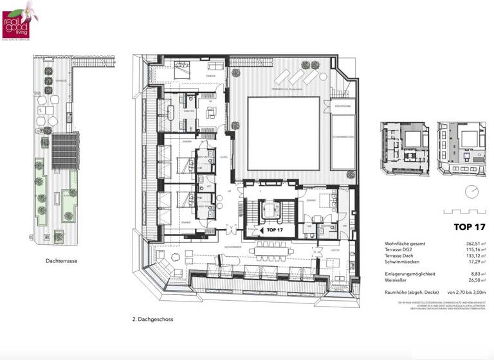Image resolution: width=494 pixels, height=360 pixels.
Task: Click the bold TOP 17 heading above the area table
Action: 469,227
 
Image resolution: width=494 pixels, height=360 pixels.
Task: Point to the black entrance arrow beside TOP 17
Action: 260,229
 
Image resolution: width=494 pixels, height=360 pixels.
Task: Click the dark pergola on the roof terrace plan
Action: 65,149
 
